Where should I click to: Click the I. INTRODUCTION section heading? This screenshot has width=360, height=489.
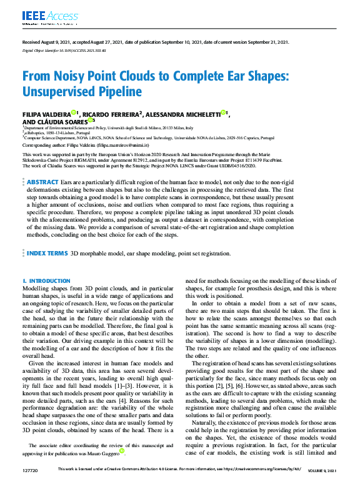pyautogui.click(x=46, y=281)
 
